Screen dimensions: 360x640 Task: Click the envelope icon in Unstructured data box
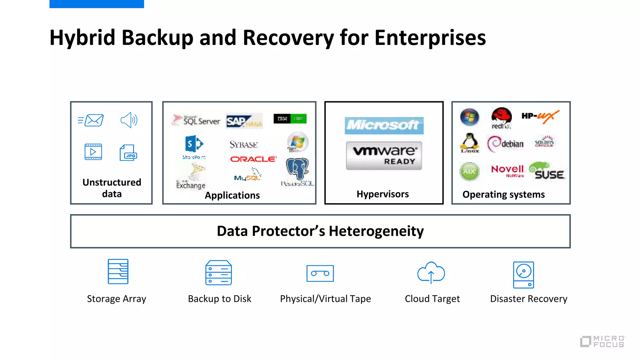pos(91,120)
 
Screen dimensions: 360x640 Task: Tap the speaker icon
pos(129,120)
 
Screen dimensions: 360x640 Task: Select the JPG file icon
pos(128,152)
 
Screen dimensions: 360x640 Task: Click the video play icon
pos(93,152)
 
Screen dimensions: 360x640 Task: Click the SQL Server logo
pos(197,120)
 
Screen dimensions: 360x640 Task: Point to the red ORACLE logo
pos(253,159)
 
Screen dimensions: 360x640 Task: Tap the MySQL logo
pos(248,176)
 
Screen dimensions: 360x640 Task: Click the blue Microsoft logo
pos(384,125)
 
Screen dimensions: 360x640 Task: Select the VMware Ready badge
pos(384,155)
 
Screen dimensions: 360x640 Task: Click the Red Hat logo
pos(501,118)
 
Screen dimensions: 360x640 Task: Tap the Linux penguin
pos(470,142)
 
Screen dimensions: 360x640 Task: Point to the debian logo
pos(505,144)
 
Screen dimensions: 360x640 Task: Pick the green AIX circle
pos(469,171)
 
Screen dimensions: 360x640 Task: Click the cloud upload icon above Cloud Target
pos(431,272)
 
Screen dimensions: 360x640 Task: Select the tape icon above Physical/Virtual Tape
pos(320,273)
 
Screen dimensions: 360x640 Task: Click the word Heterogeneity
pos(376,231)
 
